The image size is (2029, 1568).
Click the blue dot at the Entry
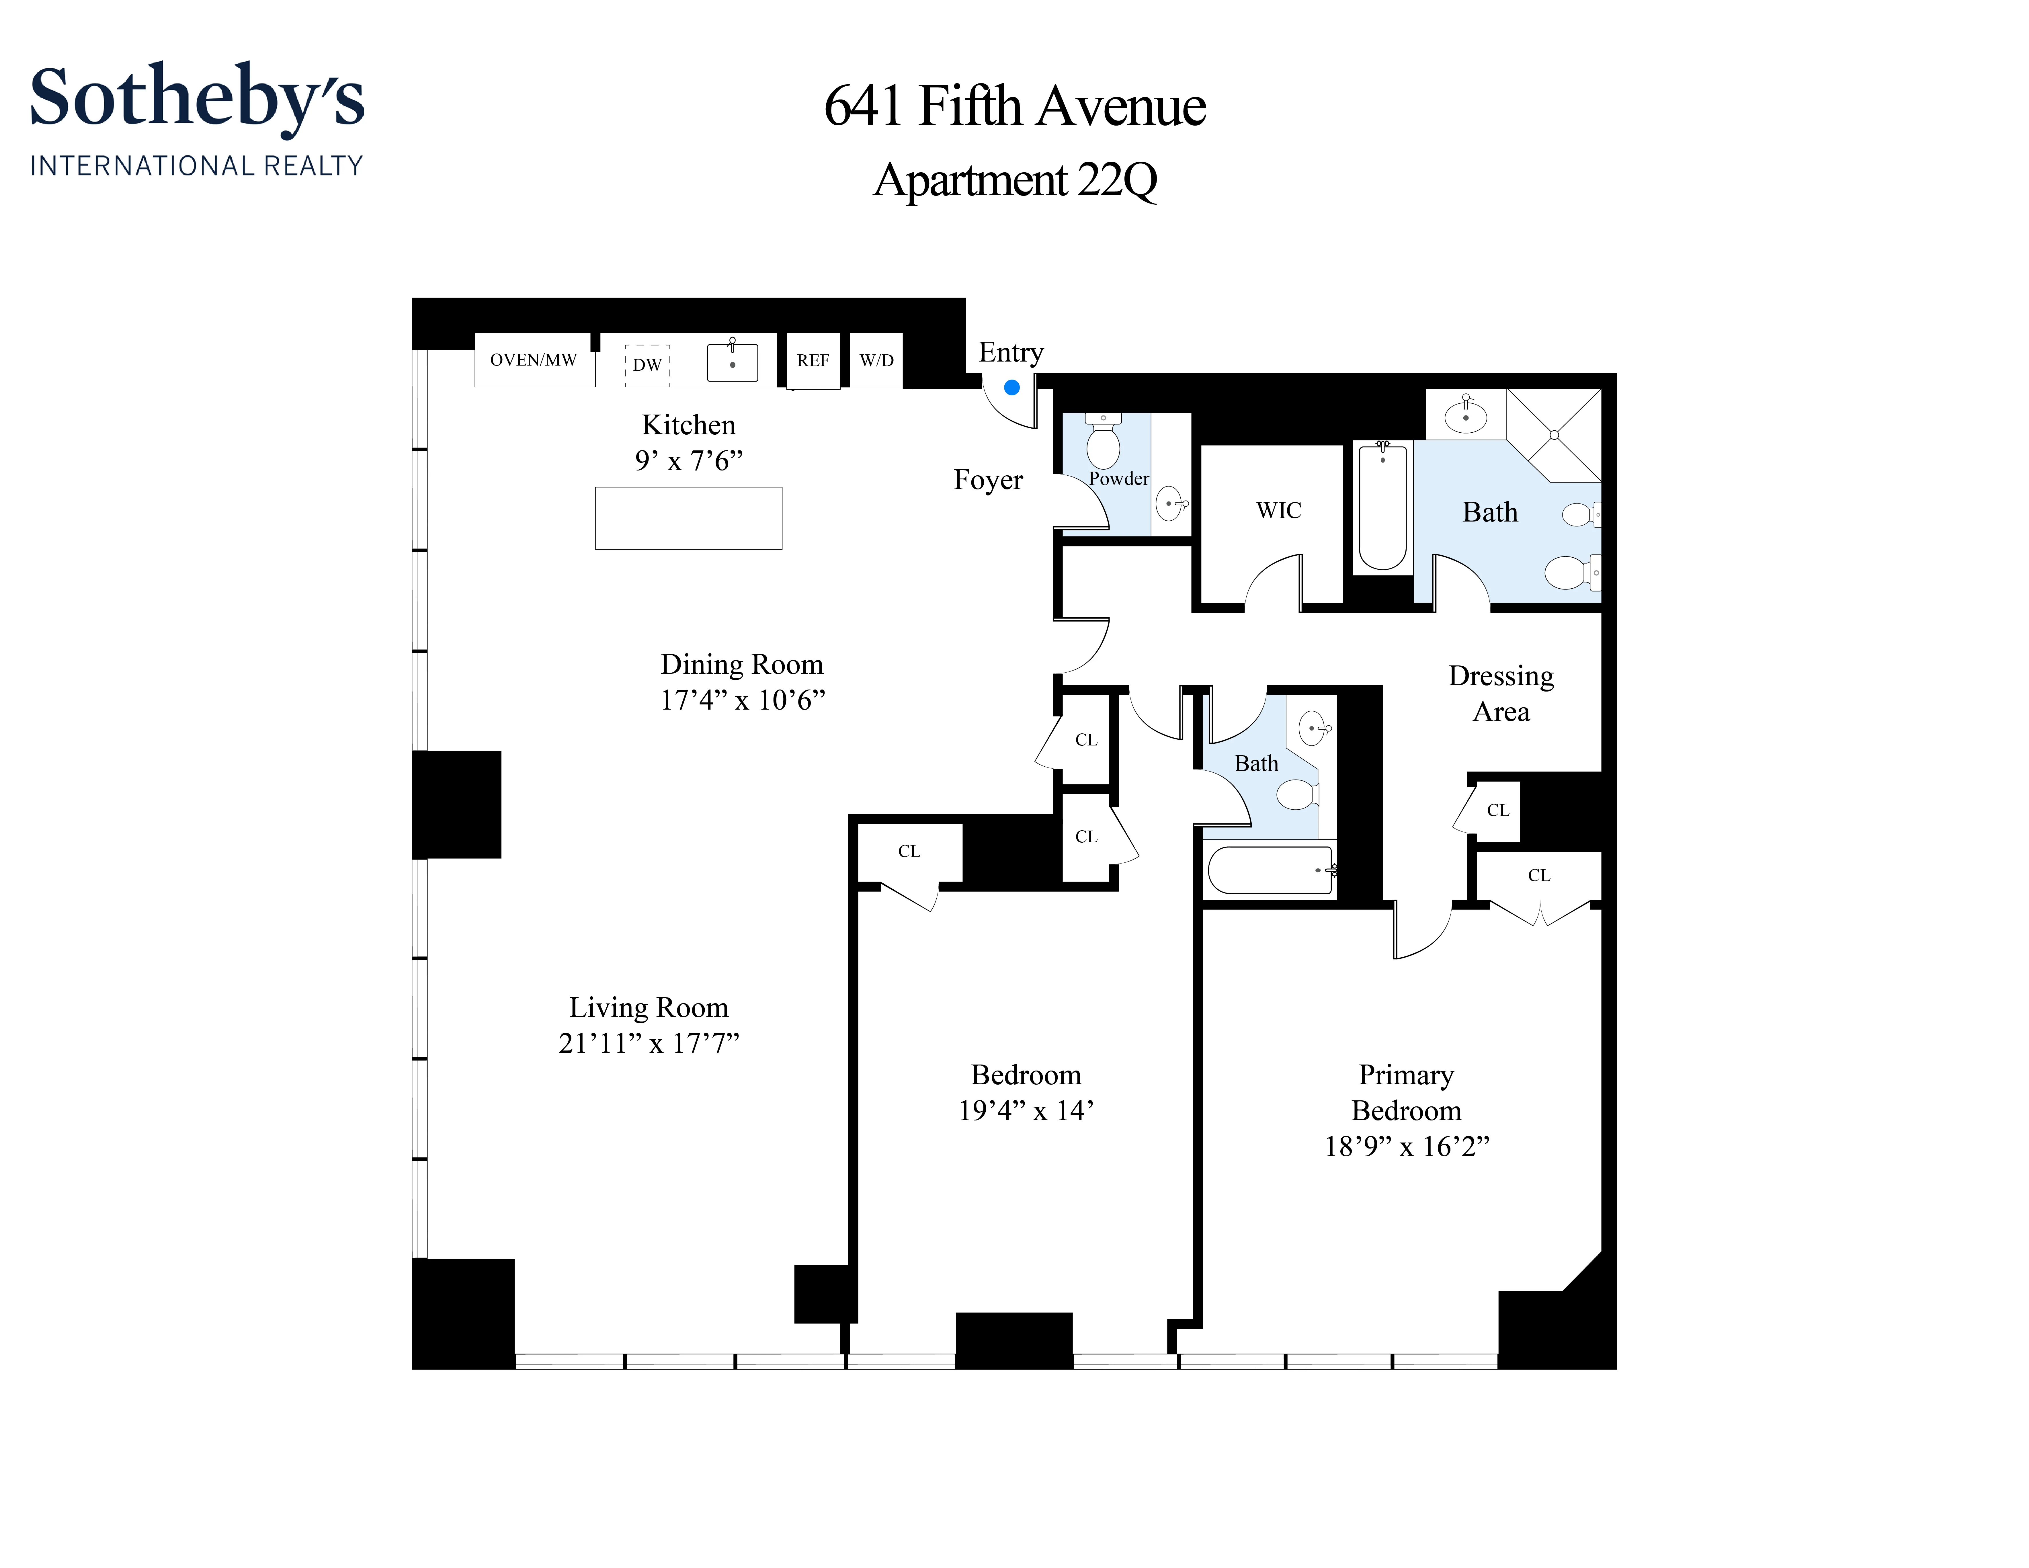[x=1012, y=387]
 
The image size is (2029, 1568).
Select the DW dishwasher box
[x=648, y=364]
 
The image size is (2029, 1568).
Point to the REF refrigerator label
[x=813, y=360]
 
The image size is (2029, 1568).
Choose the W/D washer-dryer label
[x=876, y=360]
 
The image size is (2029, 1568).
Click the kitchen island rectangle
[x=688, y=518]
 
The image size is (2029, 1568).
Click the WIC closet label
[x=1278, y=510]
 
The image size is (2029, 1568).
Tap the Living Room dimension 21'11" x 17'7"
[x=649, y=1043]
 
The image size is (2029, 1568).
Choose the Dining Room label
[x=741, y=664]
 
